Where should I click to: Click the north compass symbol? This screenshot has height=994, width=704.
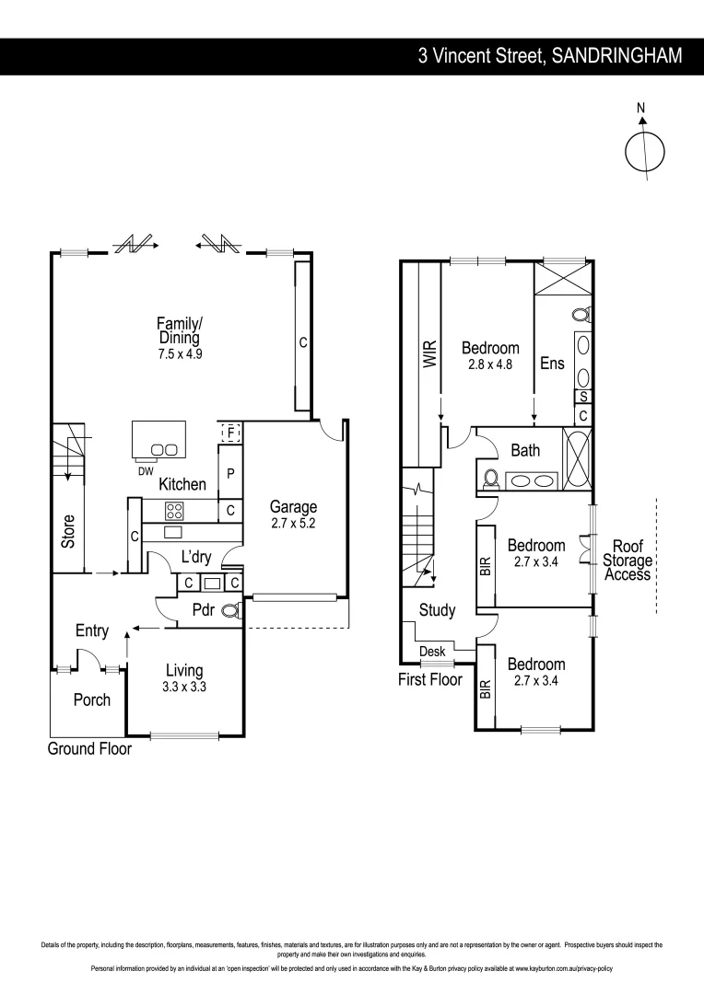coord(644,150)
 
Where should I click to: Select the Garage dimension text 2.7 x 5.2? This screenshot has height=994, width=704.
coord(293,523)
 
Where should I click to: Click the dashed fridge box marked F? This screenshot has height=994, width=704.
coord(230,432)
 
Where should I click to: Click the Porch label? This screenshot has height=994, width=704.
coord(91,699)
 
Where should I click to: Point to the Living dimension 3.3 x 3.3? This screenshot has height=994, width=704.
coord(184,686)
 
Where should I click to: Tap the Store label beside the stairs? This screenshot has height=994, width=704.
coord(68,531)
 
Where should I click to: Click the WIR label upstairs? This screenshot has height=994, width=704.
coord(428,355)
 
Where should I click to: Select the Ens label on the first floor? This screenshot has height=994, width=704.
coord(552,364)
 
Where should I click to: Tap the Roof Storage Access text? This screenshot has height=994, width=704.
coord(627,561)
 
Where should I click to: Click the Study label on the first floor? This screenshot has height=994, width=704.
coord(437,609)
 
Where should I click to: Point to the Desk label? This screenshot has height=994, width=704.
coord(432,652)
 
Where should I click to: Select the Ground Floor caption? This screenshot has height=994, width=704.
coord(89,748)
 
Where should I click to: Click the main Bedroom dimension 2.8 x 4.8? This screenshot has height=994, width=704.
coord(490,364)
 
